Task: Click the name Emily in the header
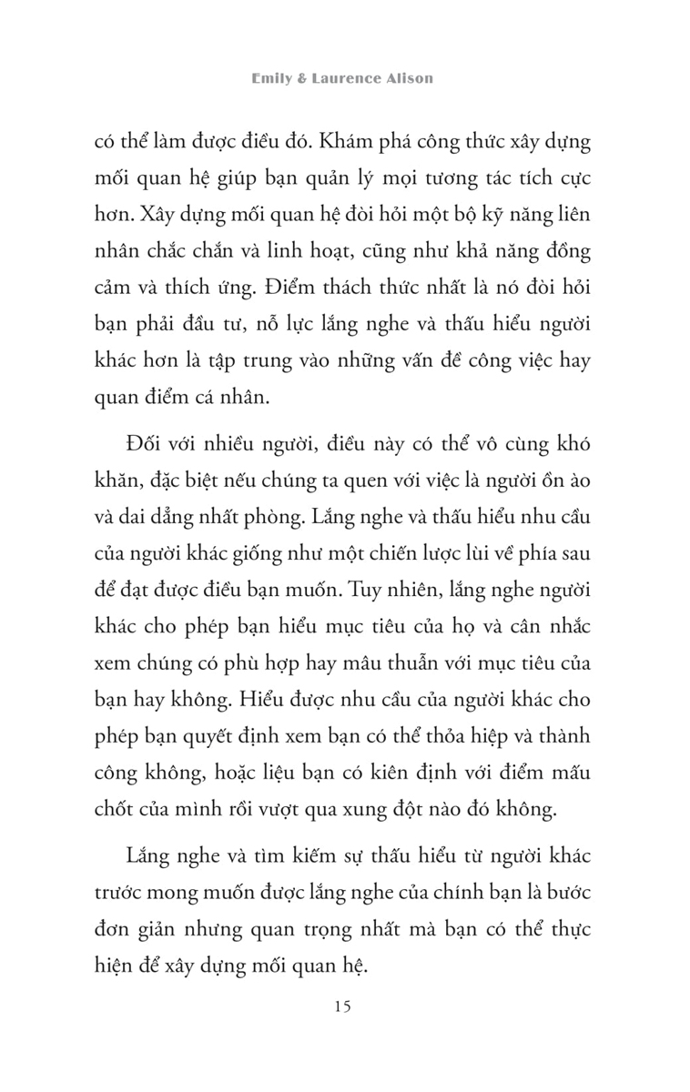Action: [x=271, y=78]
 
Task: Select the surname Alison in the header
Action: [x=409, y=78]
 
